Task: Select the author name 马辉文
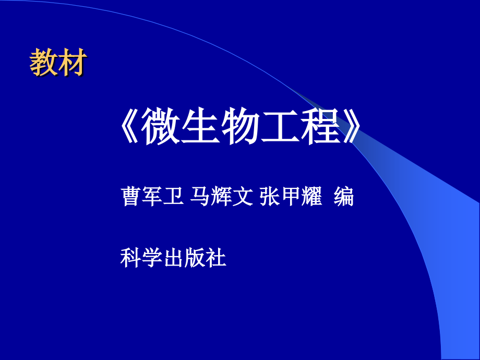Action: click(222, 197)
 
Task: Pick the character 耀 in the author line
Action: click(313, 197)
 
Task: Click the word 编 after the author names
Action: click(344, 197)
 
